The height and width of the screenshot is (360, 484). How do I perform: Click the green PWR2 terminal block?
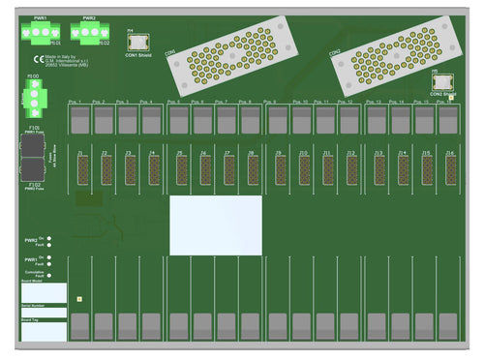(88, 33)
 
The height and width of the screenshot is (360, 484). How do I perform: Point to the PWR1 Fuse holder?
(35, 144)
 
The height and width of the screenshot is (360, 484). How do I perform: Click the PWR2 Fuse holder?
(35, 171)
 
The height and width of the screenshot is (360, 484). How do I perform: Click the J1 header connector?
(80, 168)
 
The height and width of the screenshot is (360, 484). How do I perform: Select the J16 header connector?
(450, 168)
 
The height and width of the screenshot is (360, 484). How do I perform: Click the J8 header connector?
(253, 168)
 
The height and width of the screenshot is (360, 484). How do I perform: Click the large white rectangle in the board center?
(216, 225)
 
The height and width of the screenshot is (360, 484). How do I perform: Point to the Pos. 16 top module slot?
(447, 119)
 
